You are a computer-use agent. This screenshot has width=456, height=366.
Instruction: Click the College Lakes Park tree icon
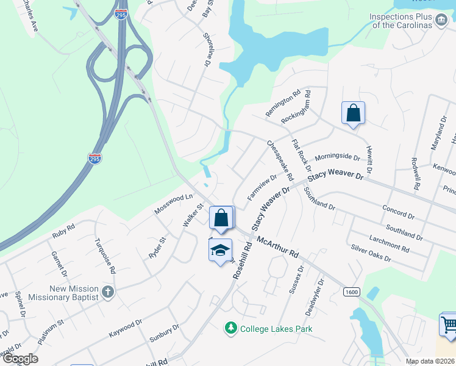pyautogui.click(x=231, y=329)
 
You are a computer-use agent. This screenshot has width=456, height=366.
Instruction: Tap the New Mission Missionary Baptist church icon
pyautogui.click(x=108, y=291)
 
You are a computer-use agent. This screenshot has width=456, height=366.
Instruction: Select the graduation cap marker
pyautogui.click(x=220, y=250)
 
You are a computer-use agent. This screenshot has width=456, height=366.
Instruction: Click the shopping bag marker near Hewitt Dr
pyautogui.click(x=353, y=113)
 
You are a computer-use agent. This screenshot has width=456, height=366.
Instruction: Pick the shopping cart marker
pyautogui.click(x=448, y=323)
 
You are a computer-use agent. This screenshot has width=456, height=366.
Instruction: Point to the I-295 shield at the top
pyautogui.click(x=121, y=13)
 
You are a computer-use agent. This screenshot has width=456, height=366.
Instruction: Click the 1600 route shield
pyautogui.click(x=351, y=292)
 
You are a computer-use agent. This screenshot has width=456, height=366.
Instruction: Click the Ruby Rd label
pyautogui.click(x=63, y=231)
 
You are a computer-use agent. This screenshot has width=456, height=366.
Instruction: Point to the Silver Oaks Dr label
pyautogui.click(x=371, y=253)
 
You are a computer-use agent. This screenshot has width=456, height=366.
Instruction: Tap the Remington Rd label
pyautogui.click(x=283, y=103)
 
